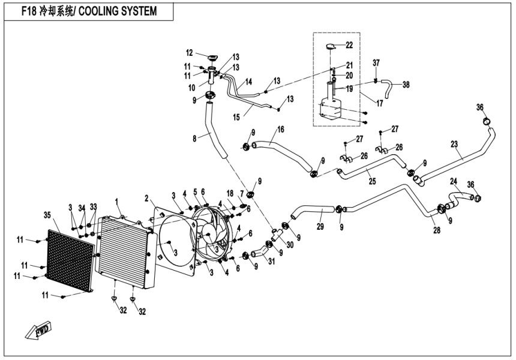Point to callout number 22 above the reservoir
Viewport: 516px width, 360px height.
coord(349,45)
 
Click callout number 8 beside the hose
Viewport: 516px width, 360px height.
coord(194,139)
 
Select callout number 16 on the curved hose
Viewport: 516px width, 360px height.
coord(280,129)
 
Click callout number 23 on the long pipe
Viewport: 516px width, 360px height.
coord(454,144)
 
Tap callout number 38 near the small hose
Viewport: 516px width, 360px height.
coord(406,85)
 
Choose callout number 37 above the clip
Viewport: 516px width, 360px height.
coord(376,63)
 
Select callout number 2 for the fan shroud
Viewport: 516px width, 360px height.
coord(146,198)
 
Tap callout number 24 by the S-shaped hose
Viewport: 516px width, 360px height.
coord(454,181)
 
